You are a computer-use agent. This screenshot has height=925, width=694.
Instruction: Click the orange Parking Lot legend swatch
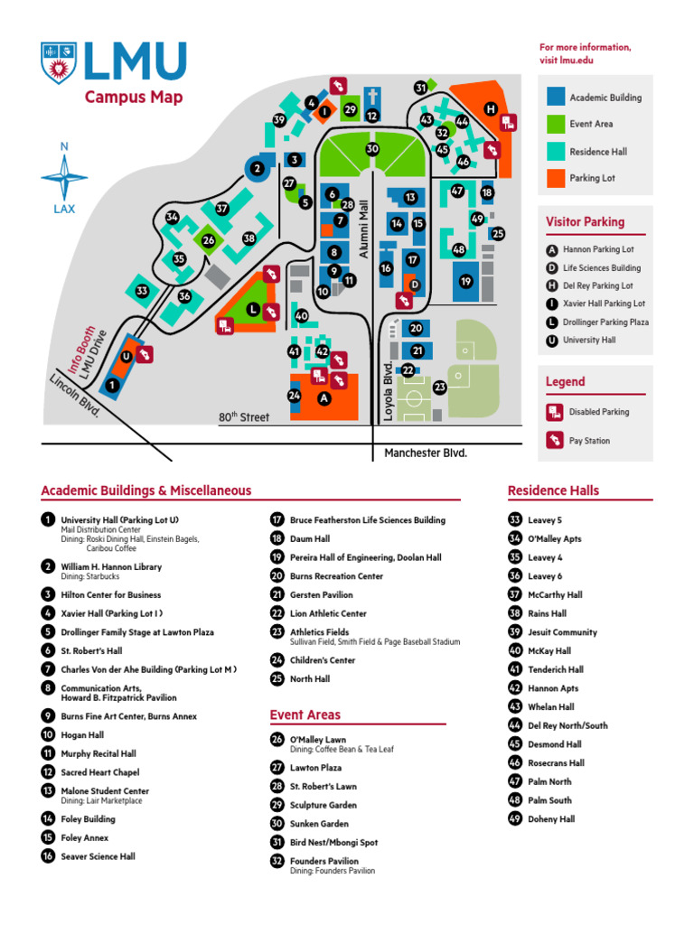[556, 178]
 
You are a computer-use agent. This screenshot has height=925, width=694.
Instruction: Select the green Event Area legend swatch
[556, 124]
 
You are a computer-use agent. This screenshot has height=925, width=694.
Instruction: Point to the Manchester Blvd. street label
[426, 453]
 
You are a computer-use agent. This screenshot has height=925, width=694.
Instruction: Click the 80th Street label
[243, 417]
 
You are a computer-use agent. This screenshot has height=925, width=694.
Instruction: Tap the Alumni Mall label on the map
[365, 230]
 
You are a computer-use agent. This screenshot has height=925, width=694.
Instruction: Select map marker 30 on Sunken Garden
[372, 149]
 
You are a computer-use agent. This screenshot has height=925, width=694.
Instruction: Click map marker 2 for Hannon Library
[257, 168]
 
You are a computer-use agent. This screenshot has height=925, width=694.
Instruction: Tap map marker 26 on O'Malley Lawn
[208, 240]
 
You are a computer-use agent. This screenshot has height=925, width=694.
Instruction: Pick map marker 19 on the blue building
[465, 281]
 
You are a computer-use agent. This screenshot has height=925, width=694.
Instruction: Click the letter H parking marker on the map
[491, 109]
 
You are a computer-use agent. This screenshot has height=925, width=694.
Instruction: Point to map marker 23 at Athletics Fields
[440, 387]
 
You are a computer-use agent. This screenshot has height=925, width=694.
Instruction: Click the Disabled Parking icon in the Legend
[554, 412]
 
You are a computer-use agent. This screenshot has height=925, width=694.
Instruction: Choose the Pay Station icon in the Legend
[554, 441]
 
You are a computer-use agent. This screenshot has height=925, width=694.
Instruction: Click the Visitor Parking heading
[585, 221]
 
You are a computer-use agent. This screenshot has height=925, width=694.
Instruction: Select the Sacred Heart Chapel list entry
[99, 772]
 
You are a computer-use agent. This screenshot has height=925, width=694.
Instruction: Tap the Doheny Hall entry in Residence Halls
[551, 819]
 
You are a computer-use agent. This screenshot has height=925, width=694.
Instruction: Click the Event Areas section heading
[305, 715]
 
